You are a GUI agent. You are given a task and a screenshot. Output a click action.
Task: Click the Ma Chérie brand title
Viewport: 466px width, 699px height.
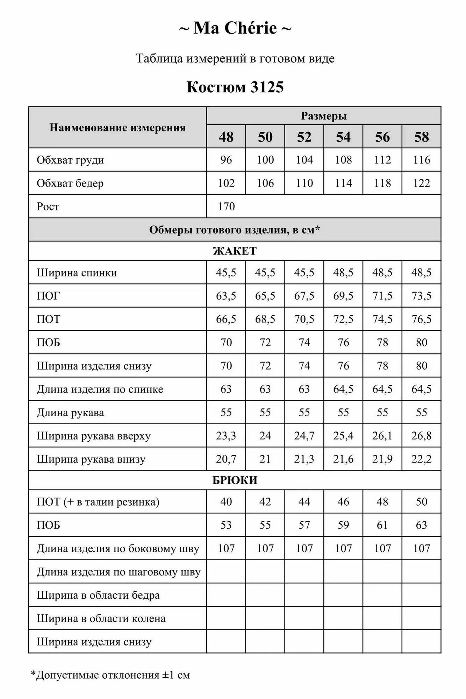[x=235, y=28]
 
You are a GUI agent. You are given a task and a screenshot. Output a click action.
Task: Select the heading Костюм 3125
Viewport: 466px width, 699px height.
[x=235, y=87]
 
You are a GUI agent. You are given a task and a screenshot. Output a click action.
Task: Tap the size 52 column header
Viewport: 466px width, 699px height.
[x=304, y=137]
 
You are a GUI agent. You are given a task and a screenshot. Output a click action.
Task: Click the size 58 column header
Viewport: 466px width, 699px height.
[x=421, y=137]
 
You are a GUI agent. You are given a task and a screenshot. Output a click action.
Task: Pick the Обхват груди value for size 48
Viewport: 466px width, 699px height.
[x=226, y=160]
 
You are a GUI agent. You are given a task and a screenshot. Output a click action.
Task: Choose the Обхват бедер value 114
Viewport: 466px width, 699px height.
[x=343, y=183]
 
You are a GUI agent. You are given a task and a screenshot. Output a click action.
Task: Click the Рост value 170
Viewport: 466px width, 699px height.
[x=226, y=207]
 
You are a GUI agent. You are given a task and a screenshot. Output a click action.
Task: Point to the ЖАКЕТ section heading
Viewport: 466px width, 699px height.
[x=235, y=251]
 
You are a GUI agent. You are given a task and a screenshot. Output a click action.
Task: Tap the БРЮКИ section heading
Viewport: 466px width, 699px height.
[x=235, y=480]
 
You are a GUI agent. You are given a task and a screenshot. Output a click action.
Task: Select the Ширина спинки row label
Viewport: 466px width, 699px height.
[x=77, y=273]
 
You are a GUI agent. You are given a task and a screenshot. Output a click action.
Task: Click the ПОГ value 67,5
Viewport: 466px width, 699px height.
[x=304, y=296]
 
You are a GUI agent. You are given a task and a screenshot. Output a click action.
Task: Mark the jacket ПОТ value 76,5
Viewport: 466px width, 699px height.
[x=421, y=319]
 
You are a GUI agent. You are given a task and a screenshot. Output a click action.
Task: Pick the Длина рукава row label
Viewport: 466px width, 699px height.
[x=70, y=413]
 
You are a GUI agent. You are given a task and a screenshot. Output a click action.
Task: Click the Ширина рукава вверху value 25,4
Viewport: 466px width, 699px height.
[x=343, y=436]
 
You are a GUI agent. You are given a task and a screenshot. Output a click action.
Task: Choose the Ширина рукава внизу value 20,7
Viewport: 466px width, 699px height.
[x=226, y=459]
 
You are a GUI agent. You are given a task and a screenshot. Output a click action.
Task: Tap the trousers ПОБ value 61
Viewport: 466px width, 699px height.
[x=382, y=525]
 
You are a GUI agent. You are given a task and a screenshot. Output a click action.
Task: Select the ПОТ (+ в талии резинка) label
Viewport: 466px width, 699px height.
[x=98, y=502]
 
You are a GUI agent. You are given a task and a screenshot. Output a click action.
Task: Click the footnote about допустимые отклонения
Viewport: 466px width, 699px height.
[x=110, y=675]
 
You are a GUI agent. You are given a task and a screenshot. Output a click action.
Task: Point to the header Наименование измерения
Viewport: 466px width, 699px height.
[x=117, y=128]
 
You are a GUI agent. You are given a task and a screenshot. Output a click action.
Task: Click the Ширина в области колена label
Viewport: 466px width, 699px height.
[x=101, y=619]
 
